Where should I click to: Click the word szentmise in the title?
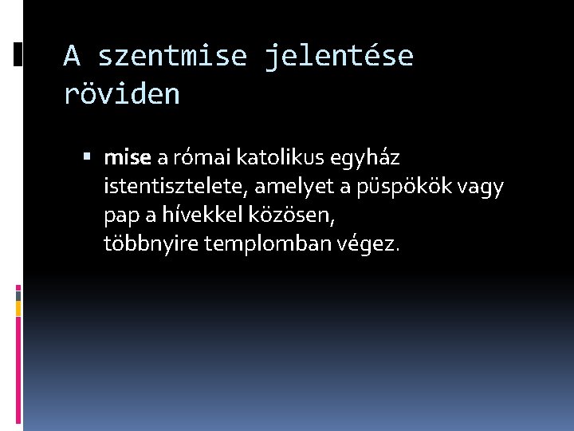point(172,57)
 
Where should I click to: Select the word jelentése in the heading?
point(339,57)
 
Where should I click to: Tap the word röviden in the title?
point(121,94)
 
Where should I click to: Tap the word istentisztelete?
point(171,187)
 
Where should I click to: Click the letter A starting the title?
point(72,57)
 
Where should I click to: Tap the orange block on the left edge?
point(18,307)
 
